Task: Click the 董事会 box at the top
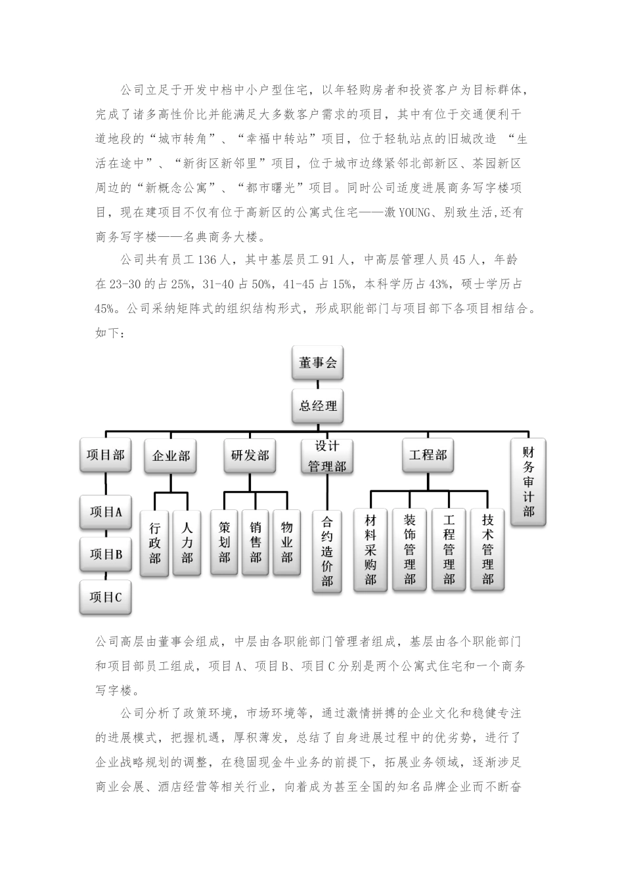click(x=318, y=363)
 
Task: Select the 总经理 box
click(x=318, y=406)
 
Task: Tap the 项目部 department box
click(x=105, y=455)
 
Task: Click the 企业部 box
click(x=171, y=455)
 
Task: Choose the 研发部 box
click(x=250, y=455)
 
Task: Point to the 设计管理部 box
click(x=327, y=456)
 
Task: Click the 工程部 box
click(x=428, y=455)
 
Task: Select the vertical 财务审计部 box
click(x=528, y=482)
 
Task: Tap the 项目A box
click(x=106, y=512)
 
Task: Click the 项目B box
click(x=106, y=554)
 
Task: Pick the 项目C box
click(x=106, y=597)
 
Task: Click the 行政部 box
click(x=155, y=543)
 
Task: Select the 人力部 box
click(x=187, y=543)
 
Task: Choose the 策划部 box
click(x=225, y=542)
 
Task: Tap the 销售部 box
click(x=256, y=542)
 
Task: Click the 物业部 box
click(x=287, y=542)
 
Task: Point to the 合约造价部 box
click(x=327, y=551)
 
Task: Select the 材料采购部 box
click(x=370, y=549)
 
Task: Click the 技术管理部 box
click(x=487, y=549)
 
